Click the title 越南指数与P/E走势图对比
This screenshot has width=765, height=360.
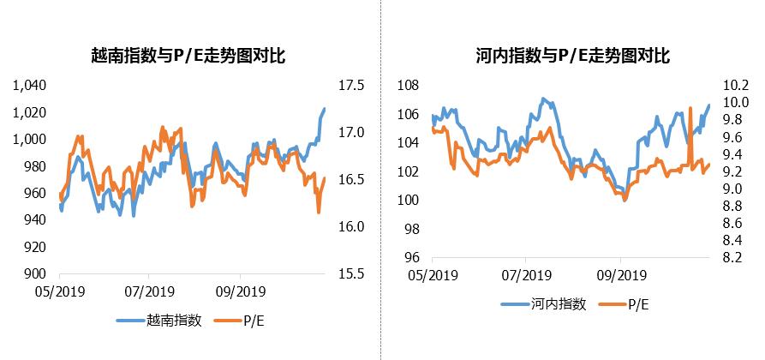coord(188,57)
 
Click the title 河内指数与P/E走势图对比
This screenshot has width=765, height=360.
coord(572,57)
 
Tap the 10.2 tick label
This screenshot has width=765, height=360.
coord(737,86)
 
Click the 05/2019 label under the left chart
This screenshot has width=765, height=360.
coord(54,291)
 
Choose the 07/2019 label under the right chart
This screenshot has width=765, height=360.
coord(525,275)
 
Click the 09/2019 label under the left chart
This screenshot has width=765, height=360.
coord(240,291)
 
